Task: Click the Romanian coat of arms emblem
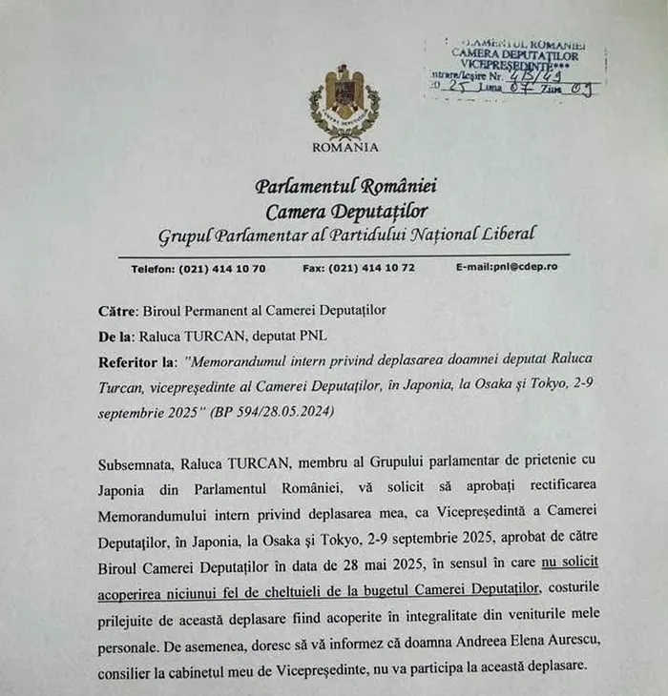[344, 103]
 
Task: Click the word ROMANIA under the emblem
[344, 147]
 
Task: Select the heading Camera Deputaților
[345, 210]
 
